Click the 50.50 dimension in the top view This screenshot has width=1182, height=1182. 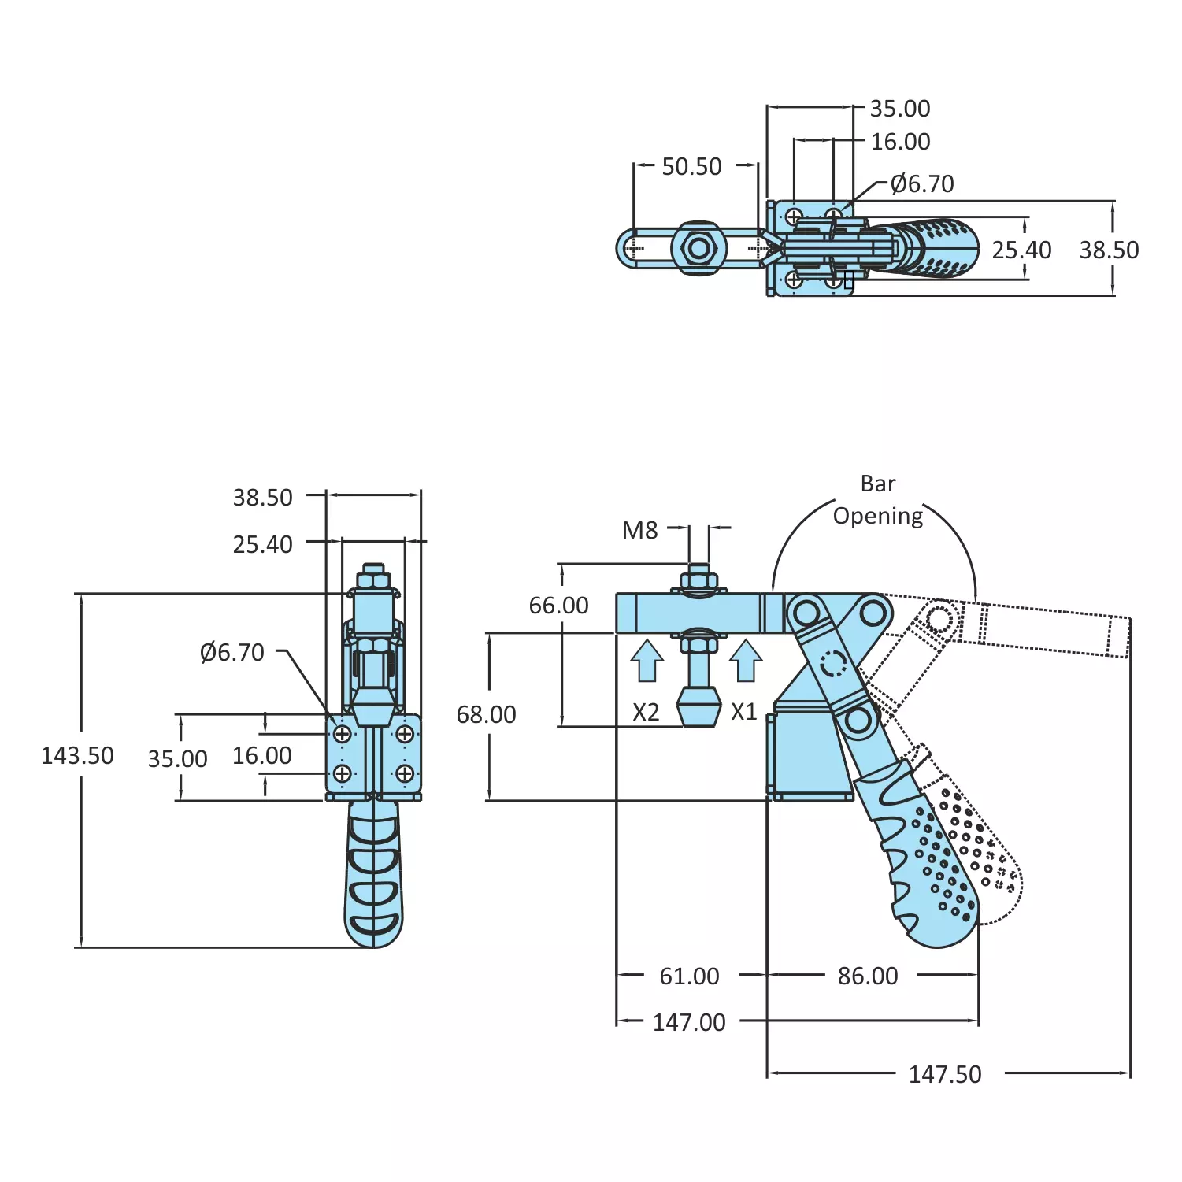[691, 167]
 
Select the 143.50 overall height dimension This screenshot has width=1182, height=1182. [77, 756]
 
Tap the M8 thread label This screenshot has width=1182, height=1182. [639, 531]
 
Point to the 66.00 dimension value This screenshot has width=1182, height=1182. [558, 606]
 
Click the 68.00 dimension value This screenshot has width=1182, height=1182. [486, 715]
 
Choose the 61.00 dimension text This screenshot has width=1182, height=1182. [689, 976]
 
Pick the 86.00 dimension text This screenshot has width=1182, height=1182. [867, 976]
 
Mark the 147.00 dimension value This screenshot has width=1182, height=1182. [689, 1023]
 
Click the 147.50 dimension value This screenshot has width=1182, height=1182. [945, 1075]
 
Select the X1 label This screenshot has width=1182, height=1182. [743, 712]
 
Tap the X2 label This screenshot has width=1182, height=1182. [646, 713]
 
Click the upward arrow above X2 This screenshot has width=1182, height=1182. [647, 660]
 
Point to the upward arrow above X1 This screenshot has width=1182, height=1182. [746, 660]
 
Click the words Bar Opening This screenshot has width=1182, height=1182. [878, 500]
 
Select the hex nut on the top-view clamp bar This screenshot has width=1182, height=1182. [698, 249]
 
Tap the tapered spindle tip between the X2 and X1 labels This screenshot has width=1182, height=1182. [698, 706]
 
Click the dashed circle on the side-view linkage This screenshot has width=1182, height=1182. [833, 664]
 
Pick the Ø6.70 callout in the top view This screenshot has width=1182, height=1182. [922, 184]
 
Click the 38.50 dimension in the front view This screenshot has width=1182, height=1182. [262, 498]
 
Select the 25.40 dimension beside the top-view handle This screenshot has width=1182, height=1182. [1021, 250]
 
